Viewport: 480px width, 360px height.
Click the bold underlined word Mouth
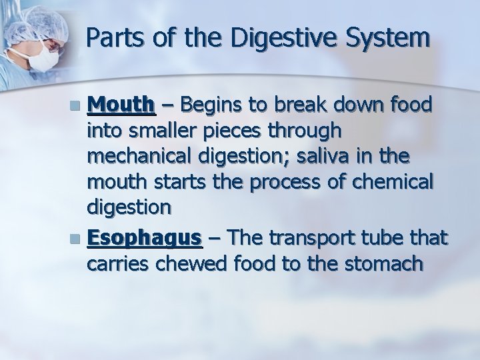122,105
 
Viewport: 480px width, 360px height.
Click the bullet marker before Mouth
79,106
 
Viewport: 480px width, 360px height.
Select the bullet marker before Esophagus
79,239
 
